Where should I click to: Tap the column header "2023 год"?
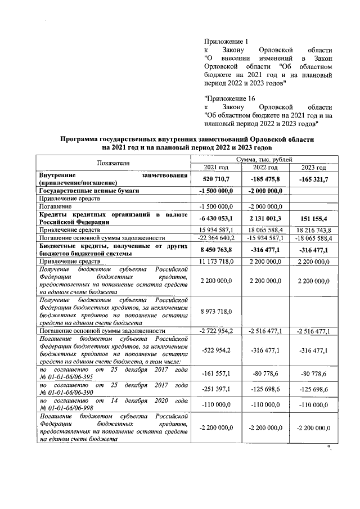(x=313, y=168)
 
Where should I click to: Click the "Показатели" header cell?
(x=113, y=163)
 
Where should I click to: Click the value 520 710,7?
(x=217, y=179)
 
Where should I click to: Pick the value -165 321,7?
(x=314, y=179)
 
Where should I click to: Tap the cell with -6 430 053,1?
(x=217, y=218)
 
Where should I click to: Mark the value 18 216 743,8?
(x=313, y=230)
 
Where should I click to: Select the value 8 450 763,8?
(x=217, y=249)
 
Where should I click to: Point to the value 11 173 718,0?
(x=217, y=262)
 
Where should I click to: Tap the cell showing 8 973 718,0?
(x=217, y=311)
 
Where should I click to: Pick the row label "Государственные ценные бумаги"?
(x=89, y=191)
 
